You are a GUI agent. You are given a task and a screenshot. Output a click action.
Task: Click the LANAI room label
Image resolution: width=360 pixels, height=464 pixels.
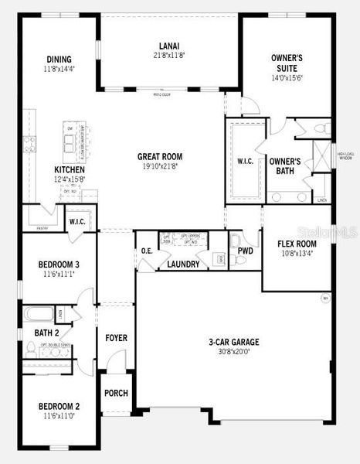(169, 46)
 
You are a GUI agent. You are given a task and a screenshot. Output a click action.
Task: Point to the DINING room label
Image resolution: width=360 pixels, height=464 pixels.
(59, 60)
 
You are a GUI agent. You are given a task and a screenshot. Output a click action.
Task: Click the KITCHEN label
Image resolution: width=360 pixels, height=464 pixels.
(70, 170)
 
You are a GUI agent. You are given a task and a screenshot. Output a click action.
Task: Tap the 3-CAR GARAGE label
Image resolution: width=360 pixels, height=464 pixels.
(233, 342)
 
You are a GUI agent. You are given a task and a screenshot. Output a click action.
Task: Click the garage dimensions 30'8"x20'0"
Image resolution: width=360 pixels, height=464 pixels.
(233, 352)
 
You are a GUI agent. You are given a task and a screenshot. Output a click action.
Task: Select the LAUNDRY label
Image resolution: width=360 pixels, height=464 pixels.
(184, 264)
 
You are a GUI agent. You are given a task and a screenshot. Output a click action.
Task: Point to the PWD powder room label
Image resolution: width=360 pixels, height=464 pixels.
(246, 251)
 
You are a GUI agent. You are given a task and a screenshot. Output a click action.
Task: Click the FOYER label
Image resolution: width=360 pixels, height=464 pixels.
(116, 338)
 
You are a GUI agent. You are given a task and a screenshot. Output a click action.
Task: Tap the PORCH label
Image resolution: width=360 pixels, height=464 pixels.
(116, 393)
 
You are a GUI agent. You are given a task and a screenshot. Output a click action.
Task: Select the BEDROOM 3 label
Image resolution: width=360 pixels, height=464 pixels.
(59, 264)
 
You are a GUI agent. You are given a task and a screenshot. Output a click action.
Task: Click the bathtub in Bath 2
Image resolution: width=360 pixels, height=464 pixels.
(39, 315)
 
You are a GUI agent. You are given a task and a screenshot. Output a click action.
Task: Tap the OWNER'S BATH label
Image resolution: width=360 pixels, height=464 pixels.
(284, 166)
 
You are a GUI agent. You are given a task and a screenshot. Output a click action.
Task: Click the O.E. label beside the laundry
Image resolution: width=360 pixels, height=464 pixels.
(147, 251)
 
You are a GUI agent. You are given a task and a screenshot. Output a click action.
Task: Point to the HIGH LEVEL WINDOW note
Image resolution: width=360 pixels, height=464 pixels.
(345, 156)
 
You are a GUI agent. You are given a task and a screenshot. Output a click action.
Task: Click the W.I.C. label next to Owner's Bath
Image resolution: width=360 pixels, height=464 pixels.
(245, 162)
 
